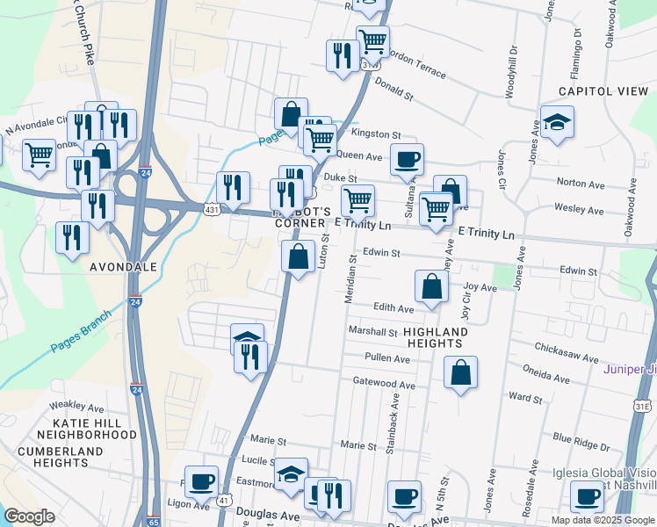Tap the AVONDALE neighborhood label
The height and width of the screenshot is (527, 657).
tap(123, 266)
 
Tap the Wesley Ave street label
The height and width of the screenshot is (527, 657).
tap(579, 211)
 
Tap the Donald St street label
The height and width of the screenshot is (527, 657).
tap(393, 89)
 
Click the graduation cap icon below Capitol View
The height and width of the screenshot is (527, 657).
tap(557, 123)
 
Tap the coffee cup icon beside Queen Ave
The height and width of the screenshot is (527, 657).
tap(407, 161)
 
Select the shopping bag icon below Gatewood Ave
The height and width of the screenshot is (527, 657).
tap(461, 373)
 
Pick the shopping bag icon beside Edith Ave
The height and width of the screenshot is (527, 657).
tap(432, 287)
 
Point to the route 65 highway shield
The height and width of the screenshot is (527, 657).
tap(154, 521)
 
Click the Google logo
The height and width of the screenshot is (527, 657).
tap(29, 516)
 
